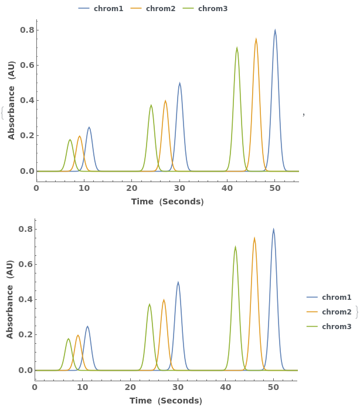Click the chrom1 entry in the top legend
click(108, 9)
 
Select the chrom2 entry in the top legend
click(160, 9)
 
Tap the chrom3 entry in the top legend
click(212, 9)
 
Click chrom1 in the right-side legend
click(337, 297)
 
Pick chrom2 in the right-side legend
click(337, 312)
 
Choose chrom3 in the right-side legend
click(337, 326)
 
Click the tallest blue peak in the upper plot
click(275, 30)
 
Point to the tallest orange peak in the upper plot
click(256, 39)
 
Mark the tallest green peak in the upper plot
click(237, 48)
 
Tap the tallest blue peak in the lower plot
click(273, 230)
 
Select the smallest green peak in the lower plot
click(68, 339)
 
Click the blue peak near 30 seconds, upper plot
click(179, 83)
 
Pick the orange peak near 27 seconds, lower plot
click(164, 300)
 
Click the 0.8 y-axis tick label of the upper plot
click(28, 30)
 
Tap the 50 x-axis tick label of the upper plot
click(275, 188)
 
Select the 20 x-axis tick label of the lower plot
click(130, 387)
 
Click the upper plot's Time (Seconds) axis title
click(167, 201)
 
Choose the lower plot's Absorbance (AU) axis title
click(11, 299)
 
